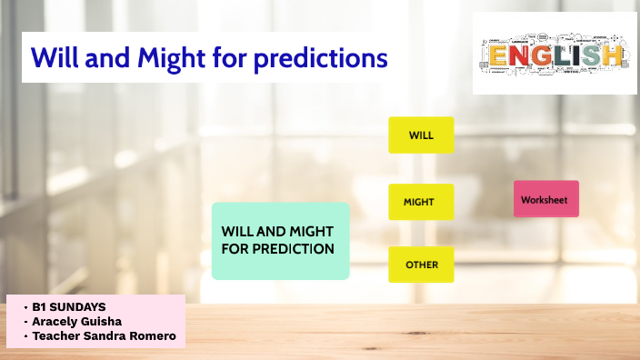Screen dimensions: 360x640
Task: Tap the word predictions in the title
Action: click(321, 58)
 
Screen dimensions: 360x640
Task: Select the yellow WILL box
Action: click(421, 135)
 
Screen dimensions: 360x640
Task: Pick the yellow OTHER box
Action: click(421, 265)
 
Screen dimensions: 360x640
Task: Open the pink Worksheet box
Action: click(545, 198)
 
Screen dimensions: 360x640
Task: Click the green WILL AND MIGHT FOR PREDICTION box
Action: click(280, 240)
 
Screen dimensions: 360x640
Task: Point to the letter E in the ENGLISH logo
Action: click(497, 57)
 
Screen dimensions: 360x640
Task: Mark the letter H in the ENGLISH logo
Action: click(614, 57)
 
